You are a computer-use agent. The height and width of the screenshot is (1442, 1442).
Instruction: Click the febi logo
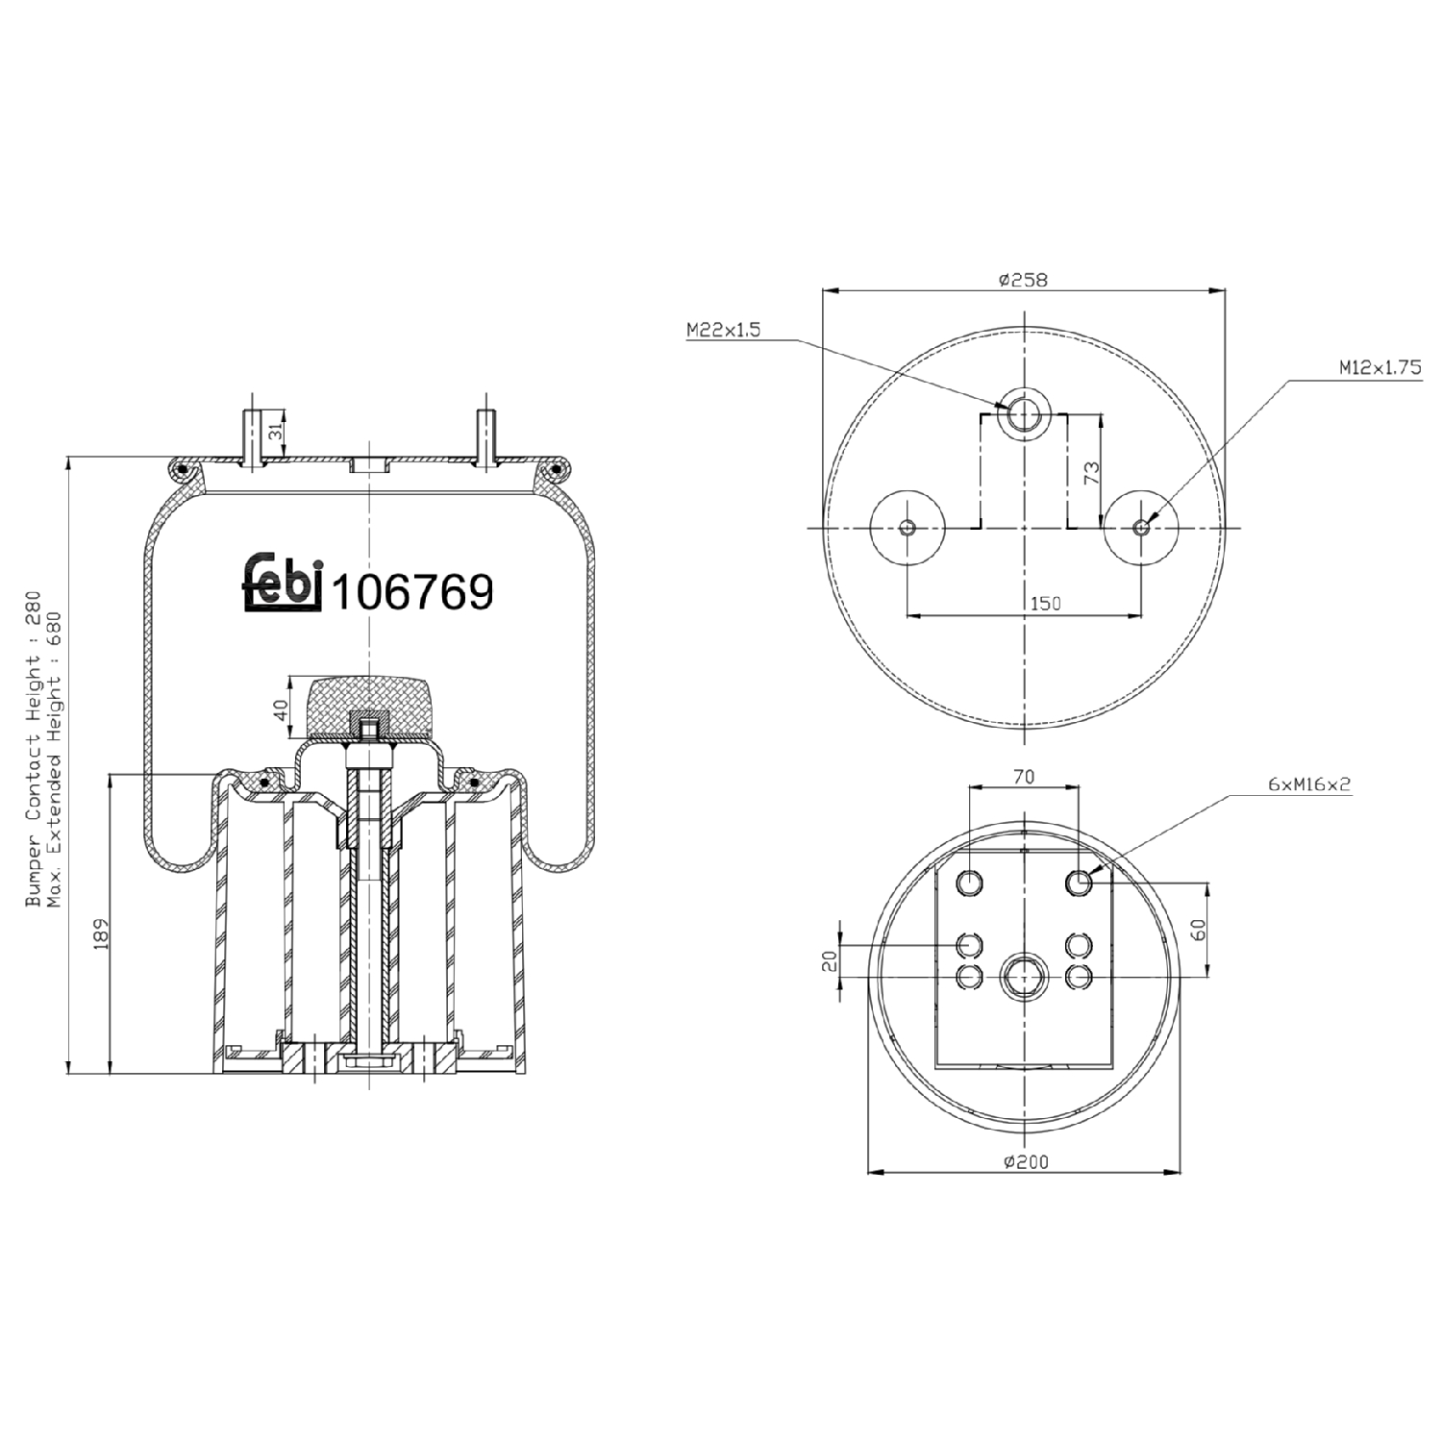point(280,584)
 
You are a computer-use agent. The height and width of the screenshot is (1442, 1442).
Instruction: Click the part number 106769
point(411,591)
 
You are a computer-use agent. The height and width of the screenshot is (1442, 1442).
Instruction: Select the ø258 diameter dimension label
point(1023,280)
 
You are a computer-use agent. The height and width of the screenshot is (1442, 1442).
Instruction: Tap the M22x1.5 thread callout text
point(723,330)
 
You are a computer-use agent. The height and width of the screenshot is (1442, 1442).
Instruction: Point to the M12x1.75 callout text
point(1380,367)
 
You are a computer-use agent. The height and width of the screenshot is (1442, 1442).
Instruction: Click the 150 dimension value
point(1045,603)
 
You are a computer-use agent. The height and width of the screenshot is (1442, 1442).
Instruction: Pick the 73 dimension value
point(1092,472)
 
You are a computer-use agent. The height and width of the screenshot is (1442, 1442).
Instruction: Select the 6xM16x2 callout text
point(1308,784)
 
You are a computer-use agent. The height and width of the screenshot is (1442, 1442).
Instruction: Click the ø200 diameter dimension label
point(1026,1161)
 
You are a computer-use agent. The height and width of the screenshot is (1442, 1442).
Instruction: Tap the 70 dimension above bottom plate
point(1024,776)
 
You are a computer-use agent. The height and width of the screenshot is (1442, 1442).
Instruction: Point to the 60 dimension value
point(1198,930)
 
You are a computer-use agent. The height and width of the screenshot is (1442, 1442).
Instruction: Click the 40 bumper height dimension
point(281,709)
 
